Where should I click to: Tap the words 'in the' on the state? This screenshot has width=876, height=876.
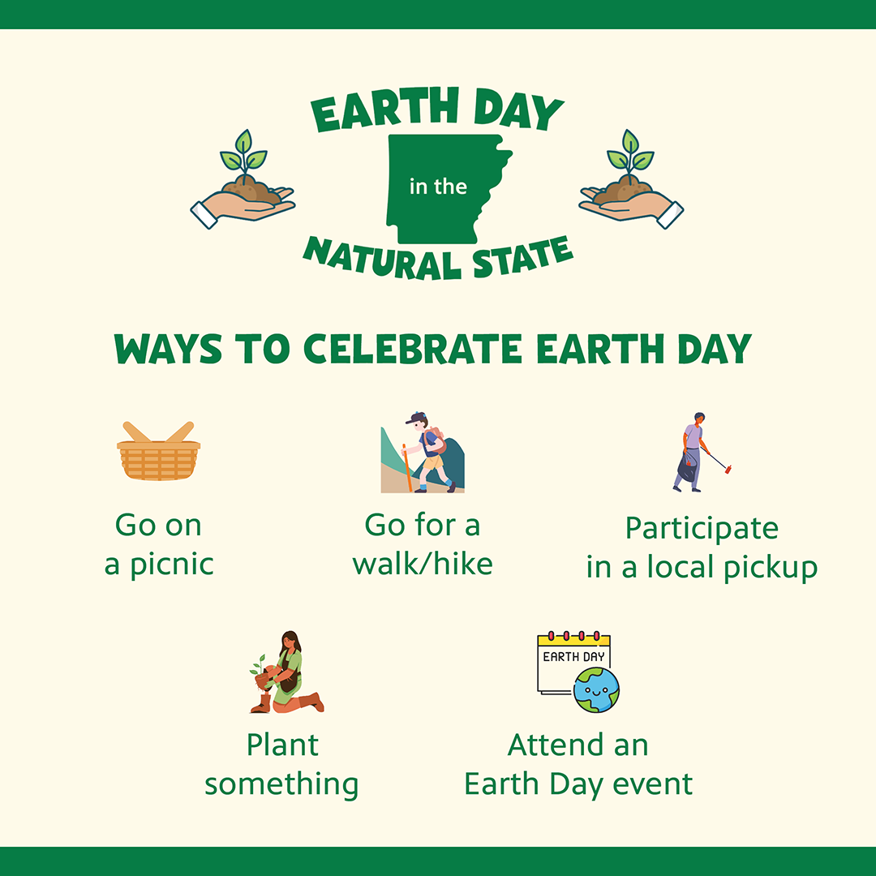click(438, 187)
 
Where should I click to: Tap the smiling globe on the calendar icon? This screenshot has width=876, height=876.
click(596, 690)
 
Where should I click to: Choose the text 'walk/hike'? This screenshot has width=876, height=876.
click(423, 565)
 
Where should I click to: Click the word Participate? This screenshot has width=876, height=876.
click(702, 528)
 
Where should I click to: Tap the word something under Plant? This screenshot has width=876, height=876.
click(281, 784)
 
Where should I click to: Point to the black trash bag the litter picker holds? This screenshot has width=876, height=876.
click(686, 469)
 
